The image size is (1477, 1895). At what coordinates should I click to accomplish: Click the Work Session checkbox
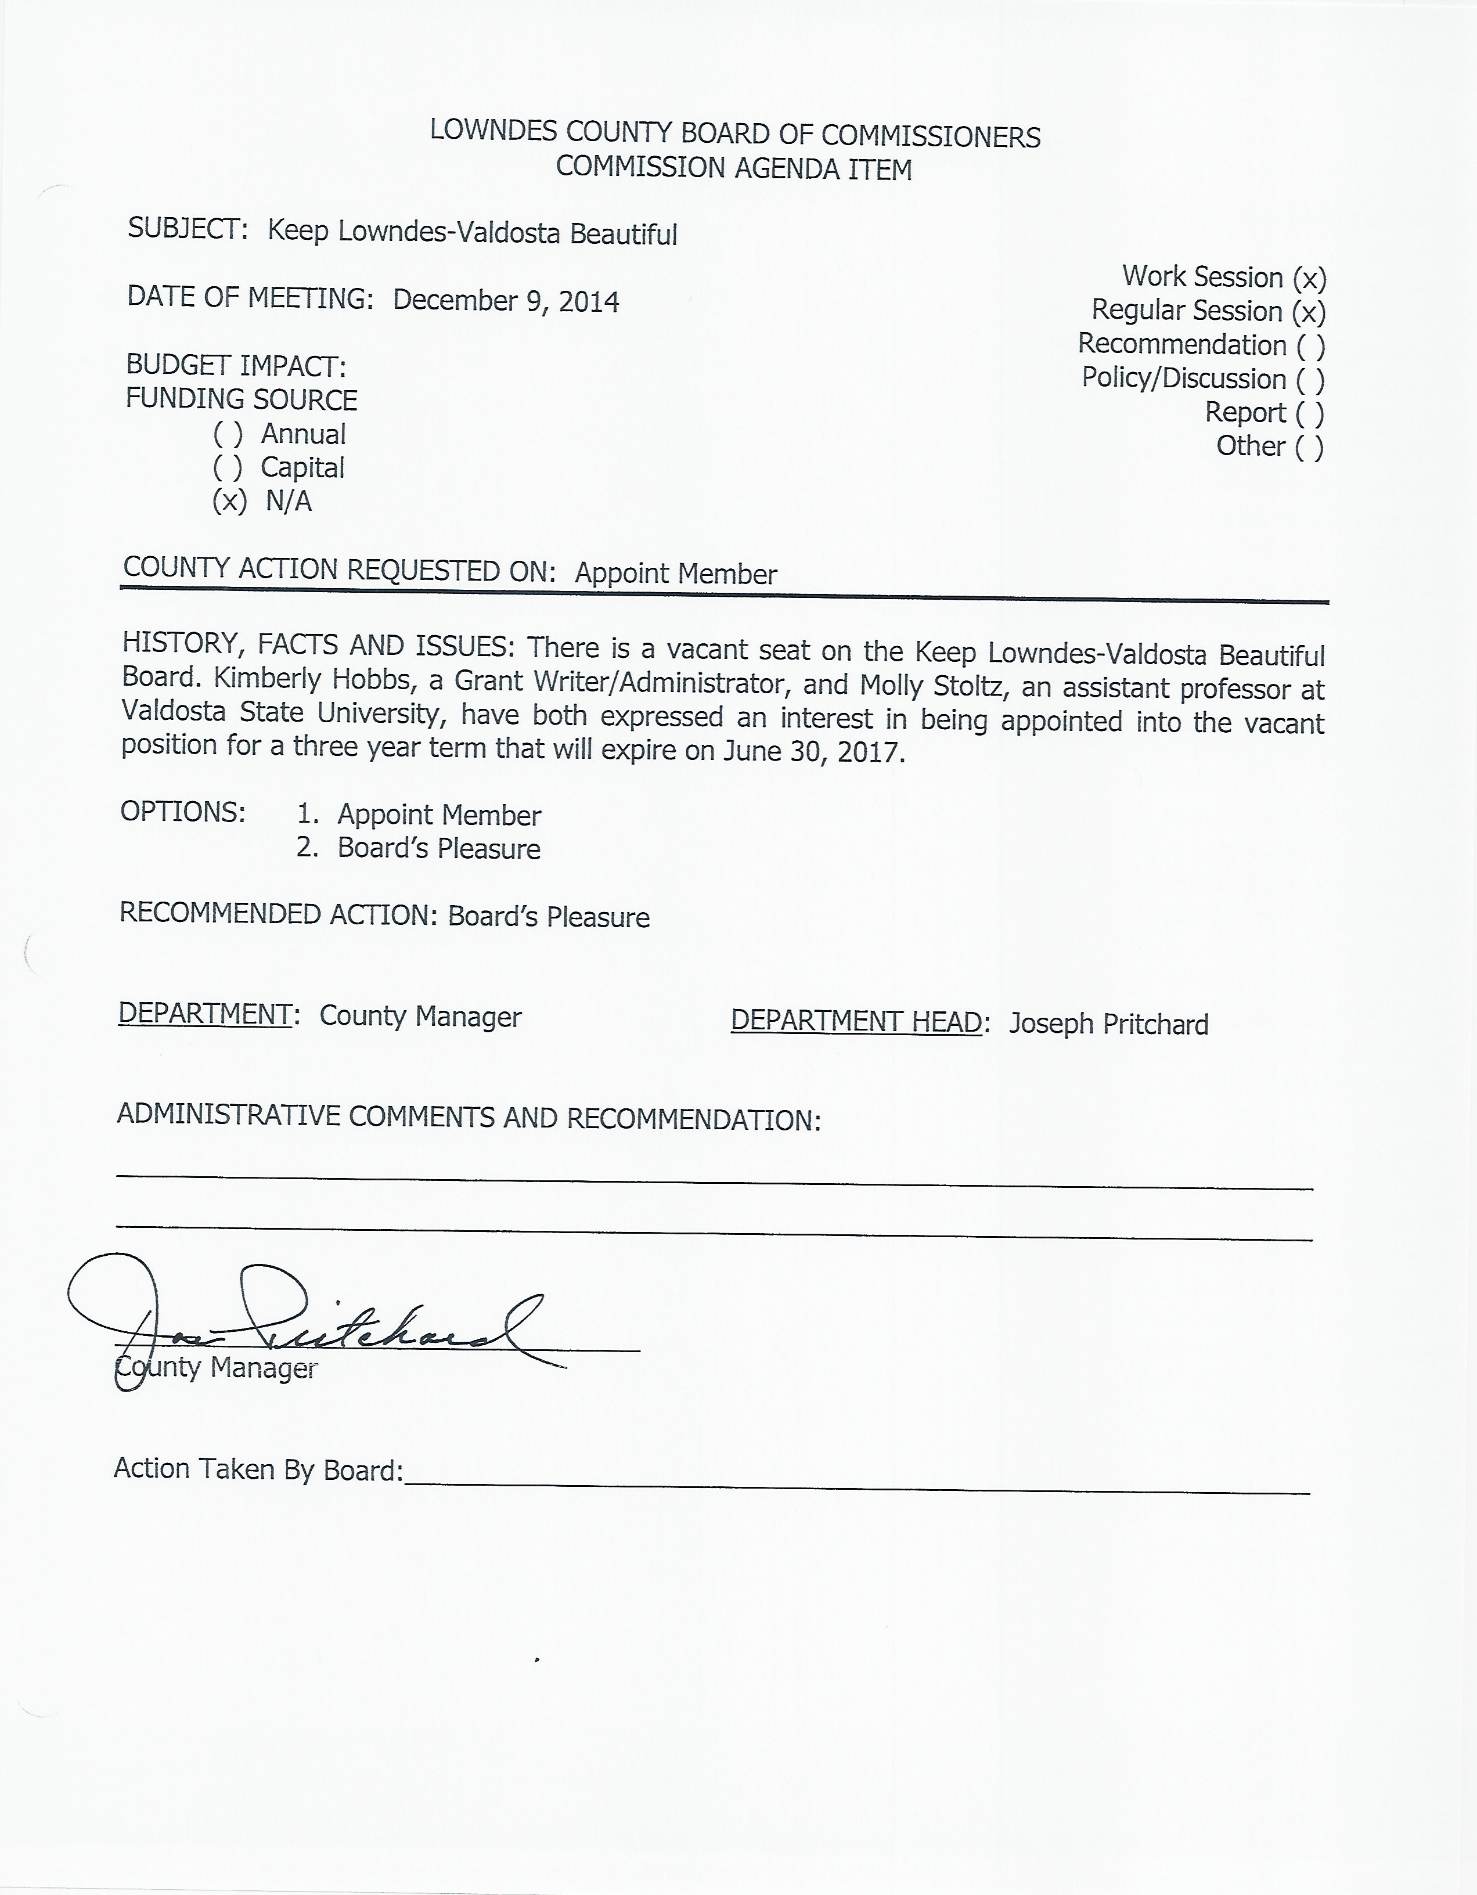tap(1309, 279)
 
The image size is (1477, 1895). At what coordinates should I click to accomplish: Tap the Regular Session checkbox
tap(1309, 312)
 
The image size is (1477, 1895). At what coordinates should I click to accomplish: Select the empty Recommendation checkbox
tap(1310, 346)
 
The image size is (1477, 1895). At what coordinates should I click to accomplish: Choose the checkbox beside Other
tap(1310, 448)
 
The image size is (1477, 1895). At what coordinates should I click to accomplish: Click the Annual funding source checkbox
tap(228, 434)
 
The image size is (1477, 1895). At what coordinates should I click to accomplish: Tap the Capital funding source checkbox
tap(228, 468)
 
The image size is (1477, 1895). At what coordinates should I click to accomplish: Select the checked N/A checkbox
tap(229, 502)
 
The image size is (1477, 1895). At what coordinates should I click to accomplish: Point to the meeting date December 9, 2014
tap(506, 301)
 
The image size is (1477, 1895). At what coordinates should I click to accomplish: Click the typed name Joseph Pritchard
tap(1108, 1024)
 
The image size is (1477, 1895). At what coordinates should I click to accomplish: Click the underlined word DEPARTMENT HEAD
tap(856, 1021)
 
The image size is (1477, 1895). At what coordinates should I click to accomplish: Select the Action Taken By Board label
tap(258, 1469)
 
